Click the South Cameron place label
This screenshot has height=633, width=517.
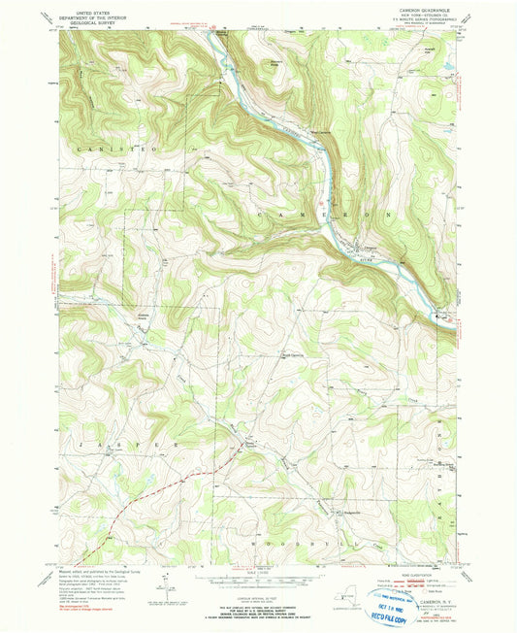(292, 354)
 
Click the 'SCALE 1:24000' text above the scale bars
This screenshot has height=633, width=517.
(258, 573)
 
